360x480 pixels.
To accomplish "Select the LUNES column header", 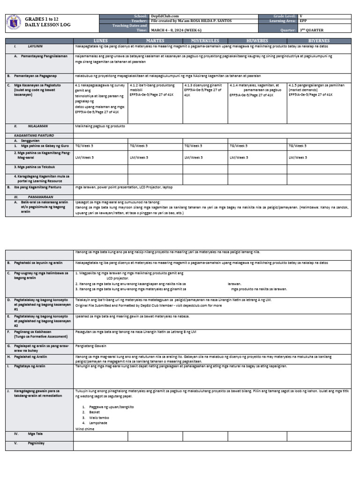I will click(101, 41).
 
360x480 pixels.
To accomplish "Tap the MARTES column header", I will click(155, 41).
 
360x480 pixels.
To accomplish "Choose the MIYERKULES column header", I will click(205, 41).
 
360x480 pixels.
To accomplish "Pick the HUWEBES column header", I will click(257, 41).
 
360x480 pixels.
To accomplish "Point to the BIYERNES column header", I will click(320, 41).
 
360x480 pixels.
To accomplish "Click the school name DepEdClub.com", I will click(165, 16).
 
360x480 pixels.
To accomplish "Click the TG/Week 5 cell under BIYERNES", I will click(298, 146).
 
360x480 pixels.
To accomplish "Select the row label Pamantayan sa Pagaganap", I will click(32, 75).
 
